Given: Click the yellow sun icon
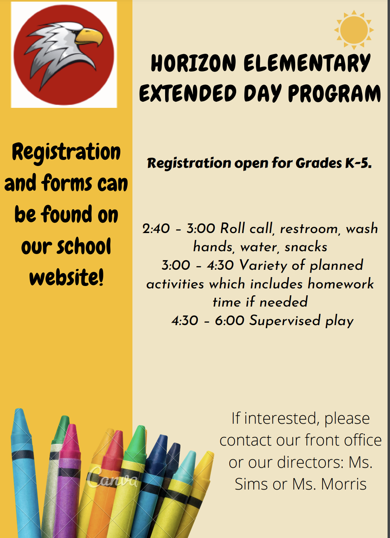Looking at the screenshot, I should [354, 30].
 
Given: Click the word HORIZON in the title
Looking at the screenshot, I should [193, 63].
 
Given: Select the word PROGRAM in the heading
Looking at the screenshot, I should [334, 94].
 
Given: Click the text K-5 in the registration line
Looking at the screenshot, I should [358, 163].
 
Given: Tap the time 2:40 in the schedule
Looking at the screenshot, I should [156, 229].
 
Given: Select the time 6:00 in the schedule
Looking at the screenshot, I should [229, 321].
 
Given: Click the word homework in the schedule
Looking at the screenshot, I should [341, 284].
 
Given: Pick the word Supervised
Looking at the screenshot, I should [285, 320].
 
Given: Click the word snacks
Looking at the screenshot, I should [306, 247].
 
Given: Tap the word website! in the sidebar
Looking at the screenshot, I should [67, 277].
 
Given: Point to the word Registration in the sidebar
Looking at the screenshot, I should [66, 153].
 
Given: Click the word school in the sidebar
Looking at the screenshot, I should [84, 246].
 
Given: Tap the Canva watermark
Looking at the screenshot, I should [112, 478].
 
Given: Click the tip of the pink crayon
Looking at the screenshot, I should [73, 428].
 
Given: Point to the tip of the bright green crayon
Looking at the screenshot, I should [141, 429].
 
